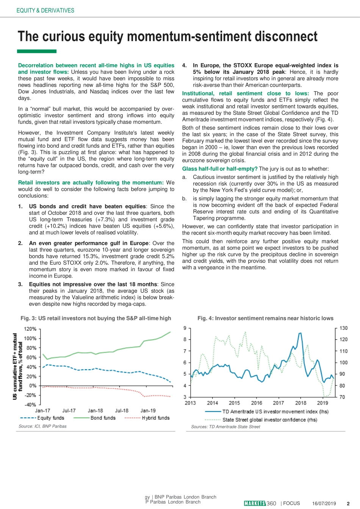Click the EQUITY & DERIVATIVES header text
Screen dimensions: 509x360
click(45, 11)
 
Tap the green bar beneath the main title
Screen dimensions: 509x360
click(37, 51)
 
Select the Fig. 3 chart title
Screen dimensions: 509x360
click(96, 318)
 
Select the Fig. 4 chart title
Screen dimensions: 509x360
click(265, 318)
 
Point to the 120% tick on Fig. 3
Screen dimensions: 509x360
click(30, 329)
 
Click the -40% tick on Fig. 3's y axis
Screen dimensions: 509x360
click(30, 404)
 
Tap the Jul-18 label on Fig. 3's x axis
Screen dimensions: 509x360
click(122, 411)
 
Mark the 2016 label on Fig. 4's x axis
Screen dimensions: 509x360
click(257, 403)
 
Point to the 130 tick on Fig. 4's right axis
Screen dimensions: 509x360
click(343, 328)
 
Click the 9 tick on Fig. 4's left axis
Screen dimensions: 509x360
click(185, 328)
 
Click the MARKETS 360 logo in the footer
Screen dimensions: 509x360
click(260, 503)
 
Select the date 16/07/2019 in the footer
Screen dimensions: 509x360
click(324, 503)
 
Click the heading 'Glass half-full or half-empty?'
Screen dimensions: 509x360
click(220, 169)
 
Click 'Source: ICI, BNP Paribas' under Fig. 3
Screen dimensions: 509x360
click(42, 426)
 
